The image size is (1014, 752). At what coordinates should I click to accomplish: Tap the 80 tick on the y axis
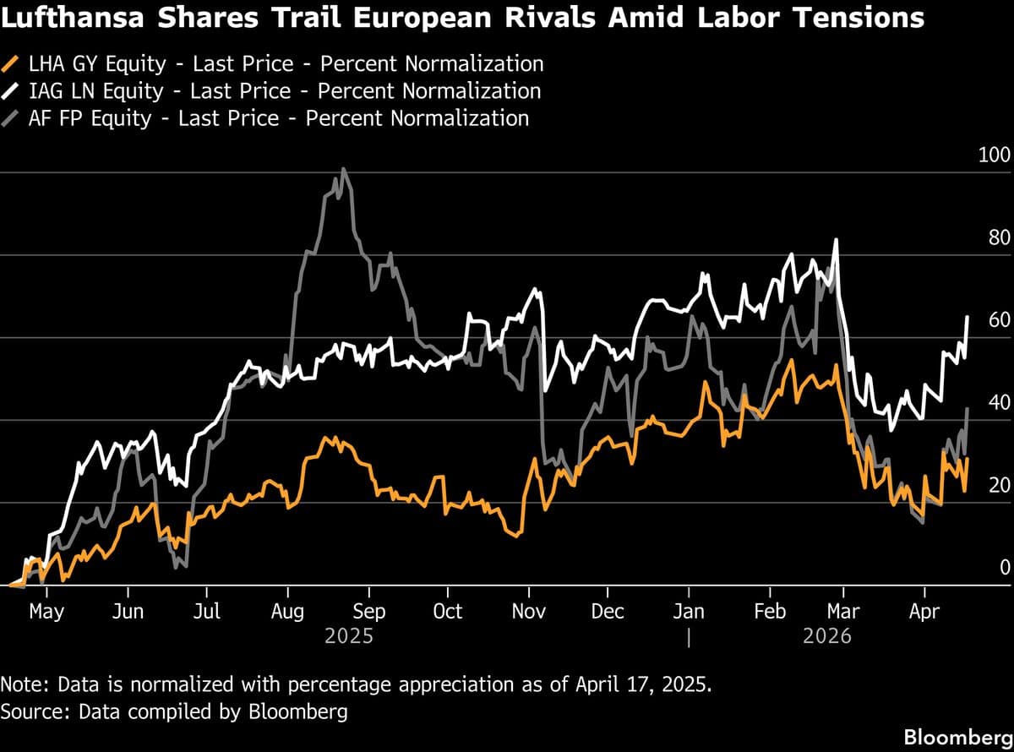pos(998,237)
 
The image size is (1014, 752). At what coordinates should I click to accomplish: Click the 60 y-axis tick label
pos(998,320)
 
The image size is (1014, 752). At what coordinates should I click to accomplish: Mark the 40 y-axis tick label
pos(998,402)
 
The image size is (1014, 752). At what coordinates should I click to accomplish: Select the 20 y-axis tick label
pos(998,485)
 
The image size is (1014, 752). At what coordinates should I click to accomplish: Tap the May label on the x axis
pos(46,611)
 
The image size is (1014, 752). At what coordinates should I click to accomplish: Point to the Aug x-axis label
pos(288,611)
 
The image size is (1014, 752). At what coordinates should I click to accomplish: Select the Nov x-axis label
pos(529,611)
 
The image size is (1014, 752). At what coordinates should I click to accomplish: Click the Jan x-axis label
pos(690,611)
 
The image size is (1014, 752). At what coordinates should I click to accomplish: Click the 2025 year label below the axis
pos(349,635)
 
